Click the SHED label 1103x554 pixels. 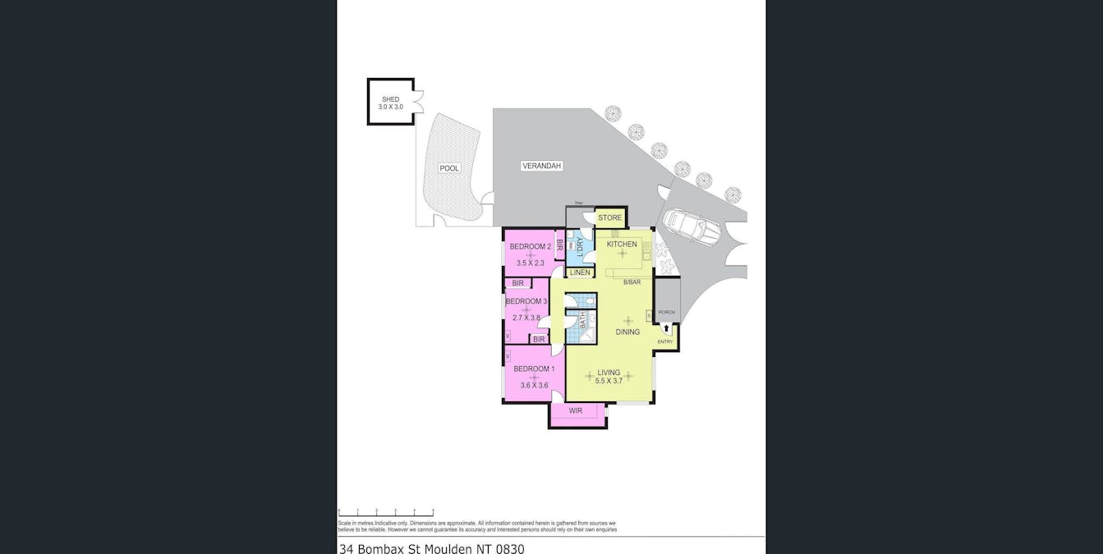389,99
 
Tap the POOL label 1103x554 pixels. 449,168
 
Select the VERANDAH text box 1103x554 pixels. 541,166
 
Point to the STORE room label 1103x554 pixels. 609,217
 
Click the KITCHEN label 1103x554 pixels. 622,244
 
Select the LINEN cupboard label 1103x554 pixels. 580,272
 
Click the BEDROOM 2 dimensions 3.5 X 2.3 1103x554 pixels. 530,263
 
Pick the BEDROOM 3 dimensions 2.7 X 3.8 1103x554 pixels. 526,318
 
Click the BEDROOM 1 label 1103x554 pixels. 534,369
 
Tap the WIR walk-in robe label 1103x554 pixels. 575,410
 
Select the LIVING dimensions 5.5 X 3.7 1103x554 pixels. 609,381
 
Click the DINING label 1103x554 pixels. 627,332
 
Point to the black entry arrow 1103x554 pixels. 666,329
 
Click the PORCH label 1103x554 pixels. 666,312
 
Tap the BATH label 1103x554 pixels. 583,319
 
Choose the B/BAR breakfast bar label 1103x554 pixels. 631,282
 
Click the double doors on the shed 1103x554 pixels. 419,101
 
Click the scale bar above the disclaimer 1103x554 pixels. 386,511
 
